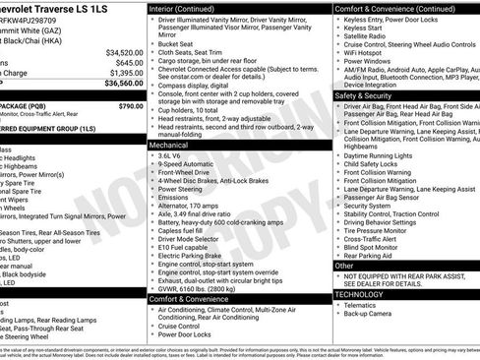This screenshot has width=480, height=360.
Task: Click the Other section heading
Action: (x=343, y=265)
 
